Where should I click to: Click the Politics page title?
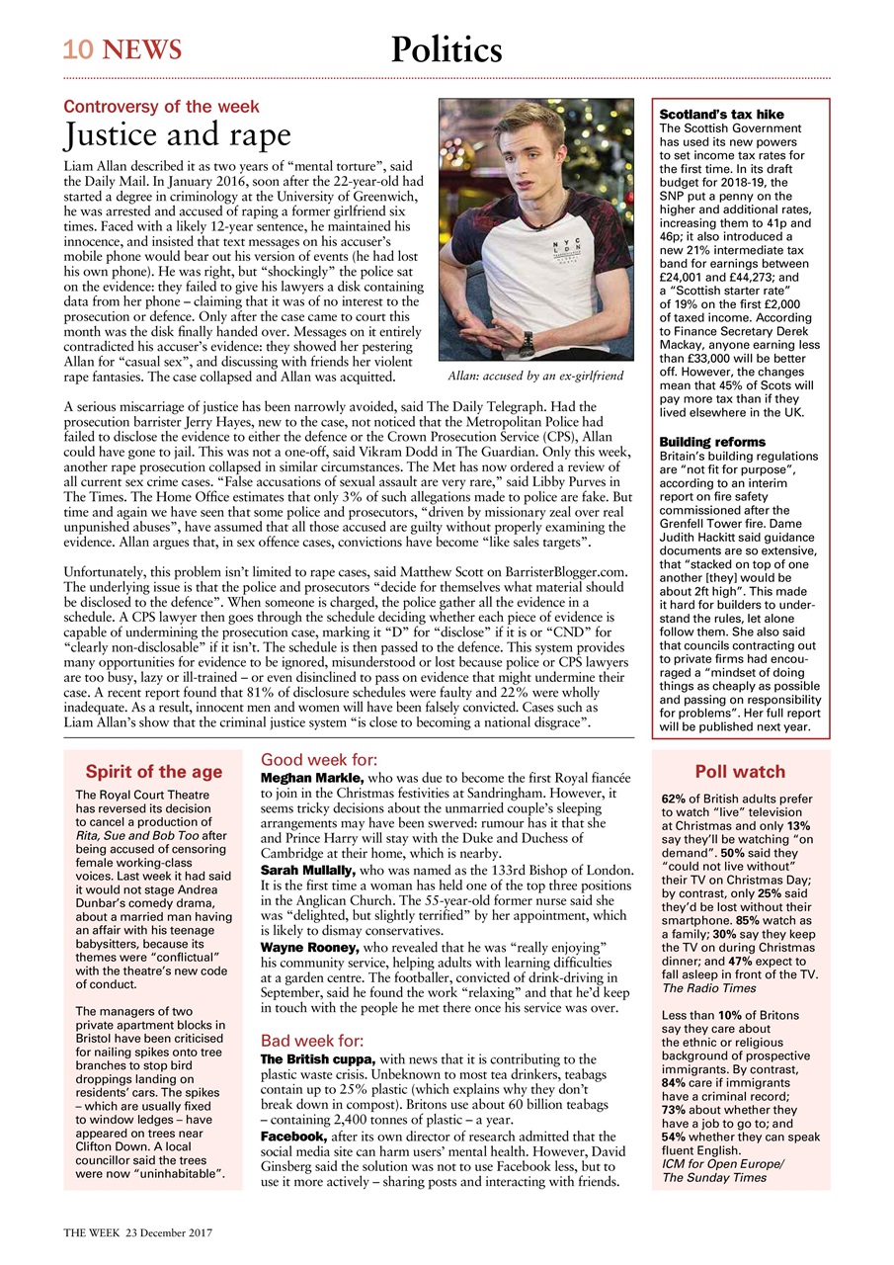tap(446, 49)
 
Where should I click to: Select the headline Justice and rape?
tap(177, 134)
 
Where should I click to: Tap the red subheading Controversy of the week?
tap(162, 106)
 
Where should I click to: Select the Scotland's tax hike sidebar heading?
tap(721, 115)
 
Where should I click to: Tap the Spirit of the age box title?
tap(153, 772)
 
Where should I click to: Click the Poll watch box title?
tap(740, 772)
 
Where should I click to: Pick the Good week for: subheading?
tap(318, 760)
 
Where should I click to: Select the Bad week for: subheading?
tap(312, 1041)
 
